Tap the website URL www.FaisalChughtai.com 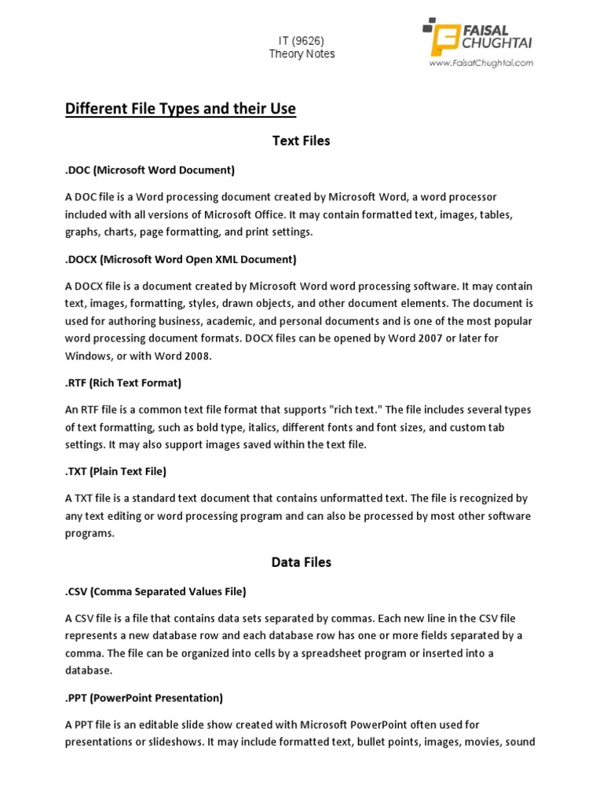(481, 63)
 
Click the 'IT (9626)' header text (301, 40)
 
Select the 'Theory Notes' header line (301, 54)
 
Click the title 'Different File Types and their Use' (181, 108)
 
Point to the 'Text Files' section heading (301, 141)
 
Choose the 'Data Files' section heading (301, 562)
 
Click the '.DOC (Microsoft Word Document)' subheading (150, 170)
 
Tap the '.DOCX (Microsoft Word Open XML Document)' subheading (181, 259)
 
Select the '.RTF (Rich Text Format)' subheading (123, 383)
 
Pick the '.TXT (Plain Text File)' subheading (115, 472)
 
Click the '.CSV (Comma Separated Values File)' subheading (155, 591)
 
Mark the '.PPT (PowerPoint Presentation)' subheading (144, 698)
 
